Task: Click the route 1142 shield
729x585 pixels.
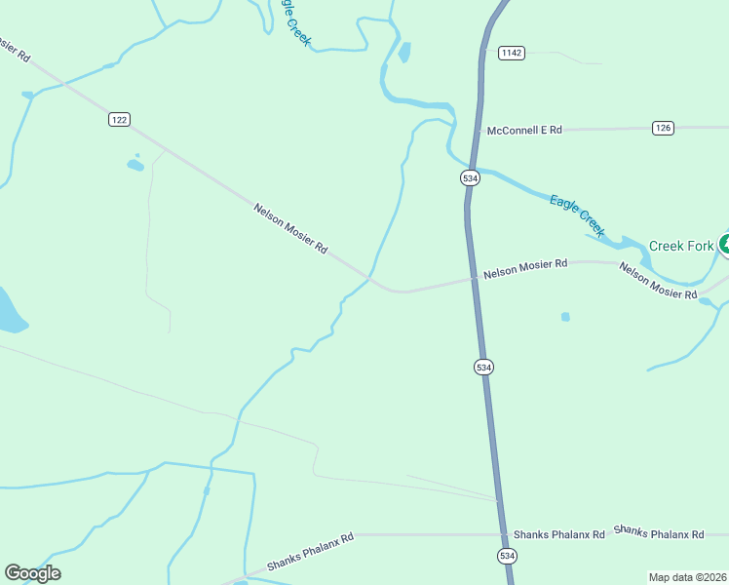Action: [x=511, y=53]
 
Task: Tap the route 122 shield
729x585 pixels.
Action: [x=119, y=119]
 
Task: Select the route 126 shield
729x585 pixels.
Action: [x=663, y=128]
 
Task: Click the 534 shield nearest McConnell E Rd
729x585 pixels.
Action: [x=470, y=178]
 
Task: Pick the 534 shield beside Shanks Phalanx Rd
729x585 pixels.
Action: [x=507, y=555]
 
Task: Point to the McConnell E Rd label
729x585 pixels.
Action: [x=524, y=130]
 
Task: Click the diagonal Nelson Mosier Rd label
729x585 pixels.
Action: [x=290, y=229]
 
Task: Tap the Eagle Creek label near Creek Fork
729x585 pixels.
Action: [x=577, y=215]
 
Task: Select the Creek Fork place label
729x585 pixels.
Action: [x=681, y=246]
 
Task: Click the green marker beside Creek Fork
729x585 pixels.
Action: [x=724, y=244]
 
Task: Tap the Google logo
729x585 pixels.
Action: [x=32, y=573]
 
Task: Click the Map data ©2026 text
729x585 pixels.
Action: [x=686, y=577]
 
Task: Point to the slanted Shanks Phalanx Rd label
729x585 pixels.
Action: [x=310, y=552]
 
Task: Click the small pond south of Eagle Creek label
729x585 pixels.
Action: [x=565, y=316]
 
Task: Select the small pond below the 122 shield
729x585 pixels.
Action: [x=135, y=165]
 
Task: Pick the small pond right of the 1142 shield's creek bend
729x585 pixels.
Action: [x=403, y=52]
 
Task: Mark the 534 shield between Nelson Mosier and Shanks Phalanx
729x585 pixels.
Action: [x=484, y=367]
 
